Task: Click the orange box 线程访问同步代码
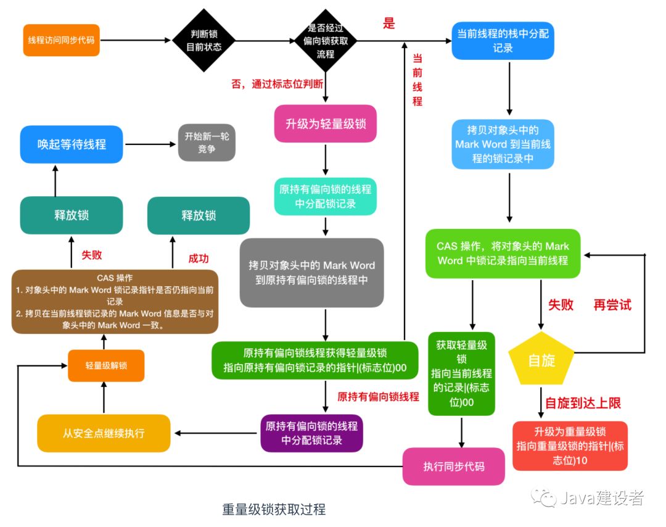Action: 61,40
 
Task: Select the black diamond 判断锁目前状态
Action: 203,41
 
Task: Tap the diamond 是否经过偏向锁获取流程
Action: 325,41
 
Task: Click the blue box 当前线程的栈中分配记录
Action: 503,41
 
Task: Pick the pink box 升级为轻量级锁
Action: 325,125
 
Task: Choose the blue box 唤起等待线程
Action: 72,144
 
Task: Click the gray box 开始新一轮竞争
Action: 207,143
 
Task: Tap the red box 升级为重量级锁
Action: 570,446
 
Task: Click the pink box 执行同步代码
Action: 454,466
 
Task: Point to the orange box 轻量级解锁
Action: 106,366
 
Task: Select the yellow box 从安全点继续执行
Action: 104,433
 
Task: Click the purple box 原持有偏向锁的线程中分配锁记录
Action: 311,433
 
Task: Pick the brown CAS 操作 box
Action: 115,301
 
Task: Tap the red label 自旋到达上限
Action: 582,403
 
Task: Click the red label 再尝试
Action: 612,305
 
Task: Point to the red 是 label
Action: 388,24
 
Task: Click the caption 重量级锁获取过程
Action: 274,509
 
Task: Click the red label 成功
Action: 199,259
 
